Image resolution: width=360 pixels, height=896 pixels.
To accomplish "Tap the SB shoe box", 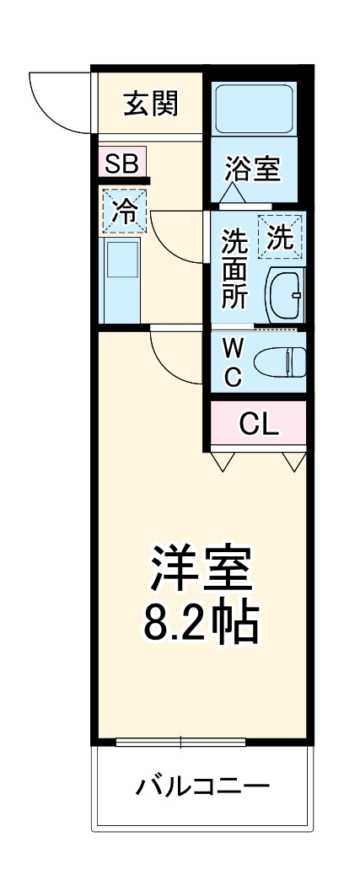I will (121, 163).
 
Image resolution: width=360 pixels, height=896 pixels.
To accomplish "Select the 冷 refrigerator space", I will (124, 212).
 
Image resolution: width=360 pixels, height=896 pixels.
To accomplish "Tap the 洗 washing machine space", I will (281, 237).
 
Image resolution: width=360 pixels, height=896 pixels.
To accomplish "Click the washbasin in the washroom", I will (285, 295).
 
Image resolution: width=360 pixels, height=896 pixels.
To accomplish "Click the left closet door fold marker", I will (222, 461).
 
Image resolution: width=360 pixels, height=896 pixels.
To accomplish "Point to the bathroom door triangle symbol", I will (234, 195).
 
